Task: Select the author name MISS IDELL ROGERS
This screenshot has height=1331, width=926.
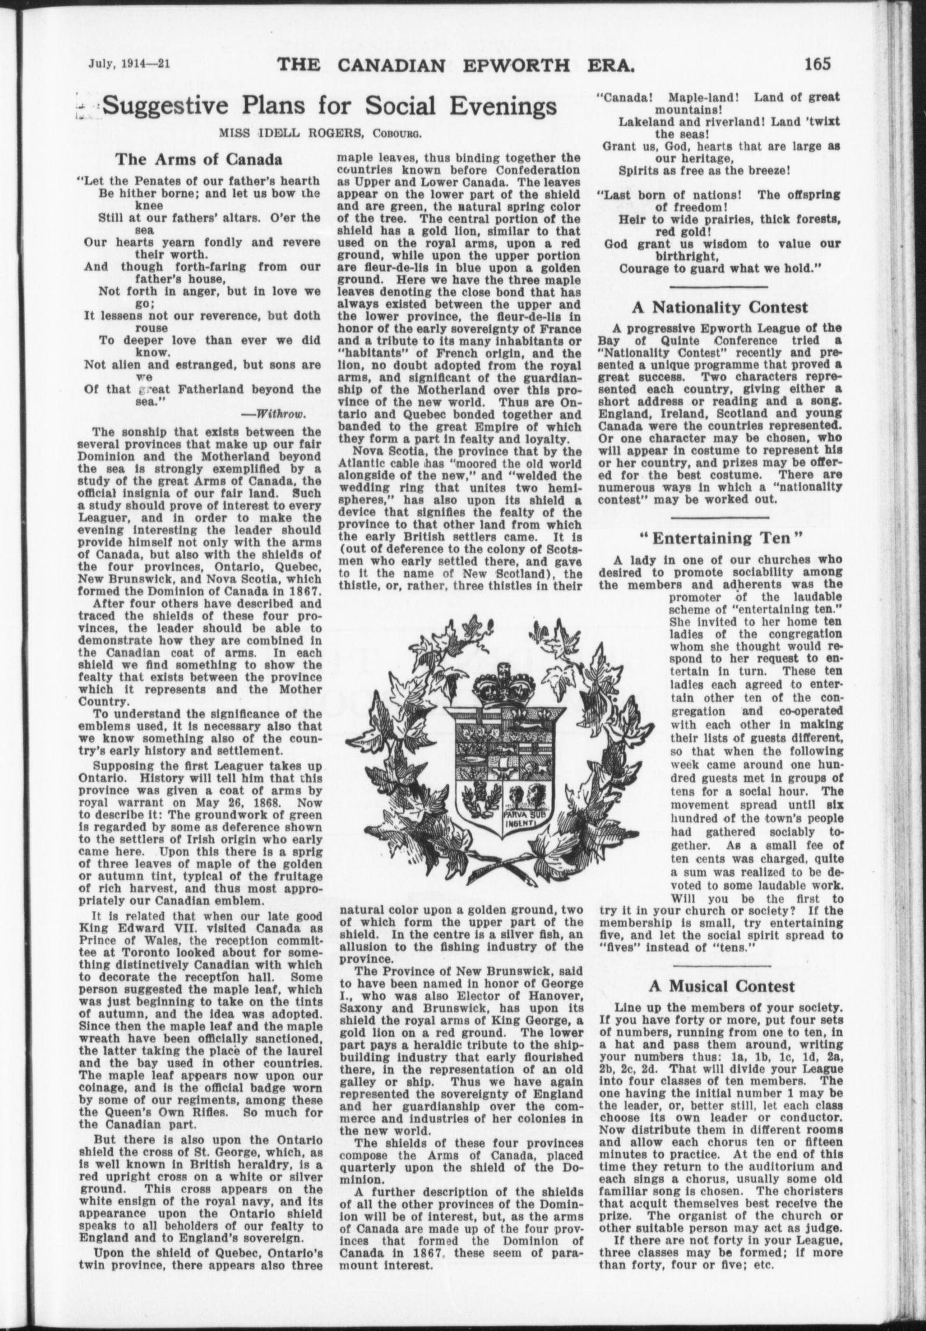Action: (283, 132)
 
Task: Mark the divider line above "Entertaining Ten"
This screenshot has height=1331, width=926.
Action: (720, 516)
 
